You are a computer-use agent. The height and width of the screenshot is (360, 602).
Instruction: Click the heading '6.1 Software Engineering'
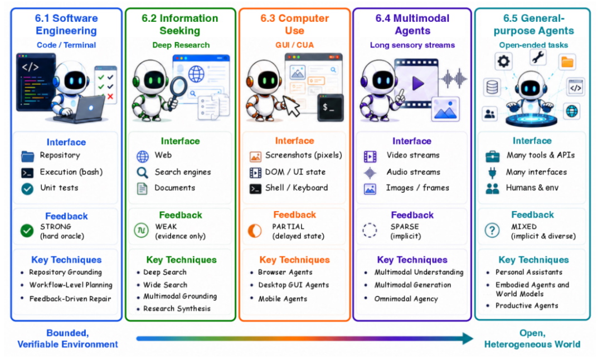pos(66,24)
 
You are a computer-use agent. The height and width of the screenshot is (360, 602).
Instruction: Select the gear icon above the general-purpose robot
pos(503,61)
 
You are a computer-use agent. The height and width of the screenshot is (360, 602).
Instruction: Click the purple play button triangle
pos(417,83)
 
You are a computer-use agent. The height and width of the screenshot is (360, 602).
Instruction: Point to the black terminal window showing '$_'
pos(331,108)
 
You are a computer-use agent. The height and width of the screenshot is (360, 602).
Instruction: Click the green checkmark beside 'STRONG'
pos(27,231)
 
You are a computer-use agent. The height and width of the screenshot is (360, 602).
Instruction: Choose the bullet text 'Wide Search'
pos(165,285)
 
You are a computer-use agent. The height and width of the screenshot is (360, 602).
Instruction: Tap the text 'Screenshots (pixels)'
pos(304,155)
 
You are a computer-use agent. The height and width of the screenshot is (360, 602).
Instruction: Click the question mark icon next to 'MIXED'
pos(492,230)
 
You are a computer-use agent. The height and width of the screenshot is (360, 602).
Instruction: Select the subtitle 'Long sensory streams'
pos(412,45)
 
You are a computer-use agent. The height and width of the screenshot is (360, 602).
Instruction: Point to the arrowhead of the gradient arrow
pos(468,338)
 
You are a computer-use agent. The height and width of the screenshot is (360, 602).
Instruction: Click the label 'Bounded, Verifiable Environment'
pos(67,338)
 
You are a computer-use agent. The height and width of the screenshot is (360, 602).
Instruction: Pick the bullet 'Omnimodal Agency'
pos(406,299)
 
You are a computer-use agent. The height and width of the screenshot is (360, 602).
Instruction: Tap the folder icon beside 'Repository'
pos(27,156)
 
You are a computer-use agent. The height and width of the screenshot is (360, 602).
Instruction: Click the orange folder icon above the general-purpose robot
pos(567,62)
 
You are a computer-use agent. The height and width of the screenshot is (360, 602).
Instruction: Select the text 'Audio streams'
pos(413,172)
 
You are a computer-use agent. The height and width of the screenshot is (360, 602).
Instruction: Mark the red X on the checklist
pos(110,96)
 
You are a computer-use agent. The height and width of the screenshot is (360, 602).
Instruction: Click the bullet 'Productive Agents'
pos(527,305)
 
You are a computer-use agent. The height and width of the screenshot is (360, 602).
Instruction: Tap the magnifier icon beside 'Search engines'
pos(143,173)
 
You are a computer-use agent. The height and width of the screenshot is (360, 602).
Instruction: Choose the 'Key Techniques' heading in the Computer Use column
pos(294,260)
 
